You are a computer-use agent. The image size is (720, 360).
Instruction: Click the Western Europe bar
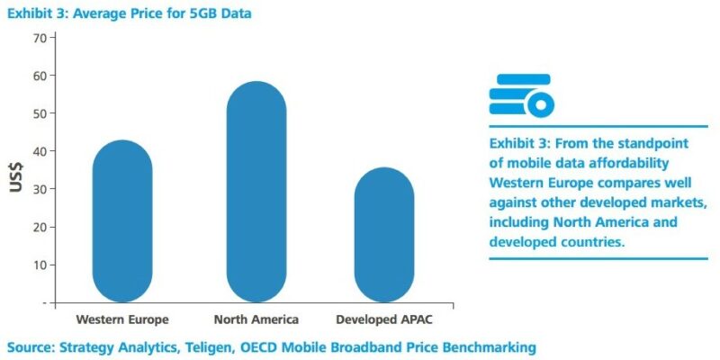click(122, 221)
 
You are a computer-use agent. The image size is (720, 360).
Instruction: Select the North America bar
click(256, 192)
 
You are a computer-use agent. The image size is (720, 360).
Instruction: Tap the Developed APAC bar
click(384, 235)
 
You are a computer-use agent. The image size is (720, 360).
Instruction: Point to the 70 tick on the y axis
click(40, 37)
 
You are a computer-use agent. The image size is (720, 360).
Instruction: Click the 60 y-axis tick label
click(40, 76)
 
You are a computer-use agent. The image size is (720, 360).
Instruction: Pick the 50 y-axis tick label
click(40, 113)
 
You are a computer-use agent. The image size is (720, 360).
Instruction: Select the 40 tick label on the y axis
click(40, 151)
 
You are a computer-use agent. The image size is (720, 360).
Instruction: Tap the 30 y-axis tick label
click(40, 189)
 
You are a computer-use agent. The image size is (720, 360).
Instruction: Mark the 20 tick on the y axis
click(40, 228)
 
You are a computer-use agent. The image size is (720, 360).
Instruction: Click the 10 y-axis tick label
click(40, 265)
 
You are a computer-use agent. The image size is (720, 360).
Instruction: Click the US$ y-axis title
click(15, 176)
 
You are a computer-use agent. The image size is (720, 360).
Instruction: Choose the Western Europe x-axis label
click(122, 319)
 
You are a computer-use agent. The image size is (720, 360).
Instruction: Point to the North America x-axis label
click(256, 319)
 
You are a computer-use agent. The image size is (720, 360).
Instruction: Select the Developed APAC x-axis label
click(384, 320)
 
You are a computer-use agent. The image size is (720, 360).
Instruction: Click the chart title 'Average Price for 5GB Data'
click(163, 13)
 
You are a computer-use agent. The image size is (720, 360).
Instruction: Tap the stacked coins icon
click(521, 95)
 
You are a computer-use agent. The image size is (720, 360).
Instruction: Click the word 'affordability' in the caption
click(627, 164)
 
